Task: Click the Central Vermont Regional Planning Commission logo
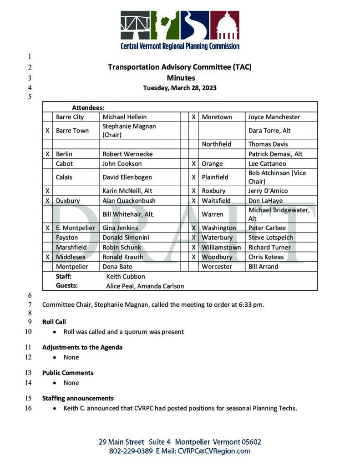tap(180, 30)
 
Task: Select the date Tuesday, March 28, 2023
tap(180, 88)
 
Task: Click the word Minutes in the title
tap(180, 78)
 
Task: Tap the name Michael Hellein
tap(125, 117)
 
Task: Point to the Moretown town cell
tap(217, 117)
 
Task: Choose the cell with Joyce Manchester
tap(274, 117)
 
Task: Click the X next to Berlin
tap(47, 154)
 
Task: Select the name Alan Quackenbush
tap(129, 201)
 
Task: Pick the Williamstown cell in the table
tap(221, 248)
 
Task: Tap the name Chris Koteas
tap(266, 257)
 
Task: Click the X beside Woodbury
tap(193, 257)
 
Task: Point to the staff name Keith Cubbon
tap(125, 276)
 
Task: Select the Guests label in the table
tap(66, 286)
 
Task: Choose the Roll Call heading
tap(54, 322)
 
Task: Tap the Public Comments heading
tap(68, 373)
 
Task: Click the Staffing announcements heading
tap(78, 398)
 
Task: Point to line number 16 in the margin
tap(29, 408)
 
